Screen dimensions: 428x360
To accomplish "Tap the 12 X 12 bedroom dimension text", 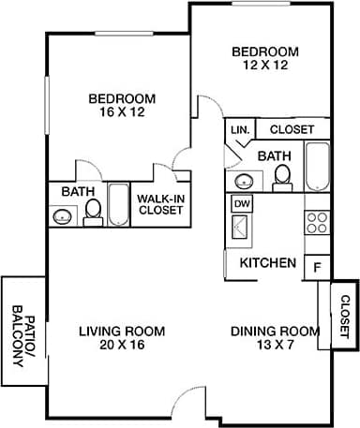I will click(265, 66).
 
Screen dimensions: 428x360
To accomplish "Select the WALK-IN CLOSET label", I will click(160, 204).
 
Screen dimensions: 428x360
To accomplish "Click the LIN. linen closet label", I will click(238, 130).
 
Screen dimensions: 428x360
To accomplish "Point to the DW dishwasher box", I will click(241, 202).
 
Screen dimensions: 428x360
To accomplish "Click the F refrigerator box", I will click(317, 265).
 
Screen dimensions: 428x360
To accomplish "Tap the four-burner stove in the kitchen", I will click(317, 222).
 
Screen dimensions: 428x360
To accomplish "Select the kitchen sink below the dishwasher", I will click(241, 227).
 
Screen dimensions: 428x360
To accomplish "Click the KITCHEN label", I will click(269, 263).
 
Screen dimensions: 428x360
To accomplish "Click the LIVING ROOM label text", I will click(122, 332).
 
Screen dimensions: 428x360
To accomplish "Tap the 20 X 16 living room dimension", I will click(122, 347).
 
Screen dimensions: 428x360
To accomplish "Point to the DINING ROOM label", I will click(276, 332).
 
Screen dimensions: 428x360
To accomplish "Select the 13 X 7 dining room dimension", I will click(276, 347).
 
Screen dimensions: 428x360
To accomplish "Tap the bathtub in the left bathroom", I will click(119, 204).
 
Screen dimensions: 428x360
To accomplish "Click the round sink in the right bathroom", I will click(243, 181).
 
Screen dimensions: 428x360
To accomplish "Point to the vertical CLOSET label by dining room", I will click(343, 316).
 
